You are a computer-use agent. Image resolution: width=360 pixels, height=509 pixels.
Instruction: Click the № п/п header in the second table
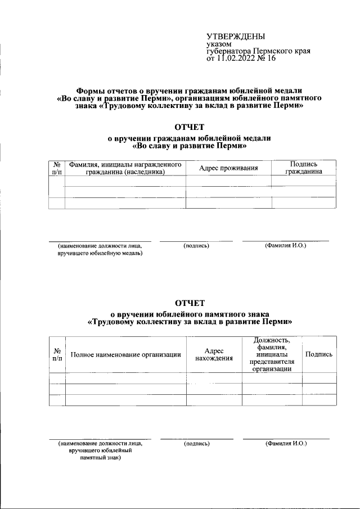tap(57, 354)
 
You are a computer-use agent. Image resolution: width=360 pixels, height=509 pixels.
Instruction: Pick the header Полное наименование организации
tap(125, 354)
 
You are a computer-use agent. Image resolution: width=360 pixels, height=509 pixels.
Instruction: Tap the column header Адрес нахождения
tap(214, 354)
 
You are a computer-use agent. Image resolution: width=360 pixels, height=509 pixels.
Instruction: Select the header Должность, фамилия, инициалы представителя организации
tap(272, 354)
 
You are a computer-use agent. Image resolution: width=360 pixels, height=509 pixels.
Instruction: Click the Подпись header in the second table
tap(318, 354)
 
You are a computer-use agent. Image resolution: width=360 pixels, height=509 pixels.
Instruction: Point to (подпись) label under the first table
tap(196, 246)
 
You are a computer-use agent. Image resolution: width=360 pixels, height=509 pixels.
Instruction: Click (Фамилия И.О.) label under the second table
tap(286, 444)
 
